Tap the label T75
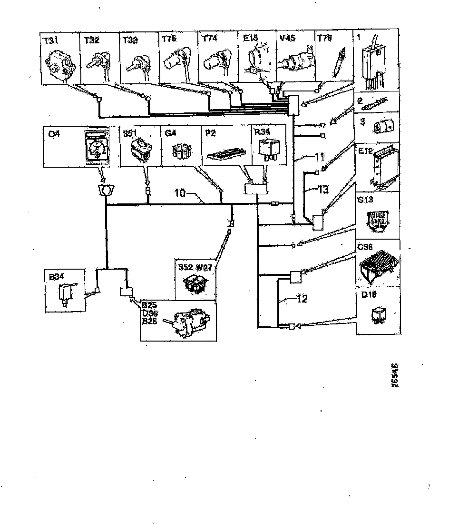tap(169, 40)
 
